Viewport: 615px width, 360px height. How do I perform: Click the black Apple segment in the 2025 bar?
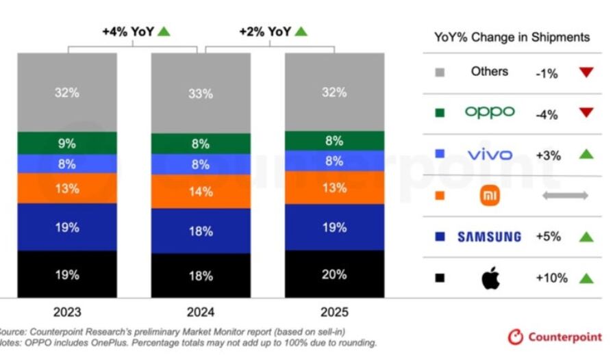click(x=334, y=274)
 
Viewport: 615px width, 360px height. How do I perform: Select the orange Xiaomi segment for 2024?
click(x=201, y=191)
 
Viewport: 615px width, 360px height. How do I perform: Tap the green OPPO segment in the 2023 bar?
click(x=67, y=143)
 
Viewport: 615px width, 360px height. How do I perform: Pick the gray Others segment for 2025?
click(x=334, y=92)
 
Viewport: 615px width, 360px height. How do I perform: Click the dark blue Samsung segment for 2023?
click(x=67, y=227)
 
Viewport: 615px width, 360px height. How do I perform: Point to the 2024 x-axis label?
click(x=201, y=312)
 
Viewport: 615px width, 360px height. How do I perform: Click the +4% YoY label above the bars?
click(x=136, y=31)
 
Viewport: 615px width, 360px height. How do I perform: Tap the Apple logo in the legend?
click(x=490, y=278)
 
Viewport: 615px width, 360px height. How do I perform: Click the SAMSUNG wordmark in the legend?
click(x=489, y=237)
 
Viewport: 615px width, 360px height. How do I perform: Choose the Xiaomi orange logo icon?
click(x=490, y=196)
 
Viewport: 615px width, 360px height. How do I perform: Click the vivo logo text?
click(x=490, y=155)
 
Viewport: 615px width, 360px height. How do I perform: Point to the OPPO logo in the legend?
click(x=490, y=112)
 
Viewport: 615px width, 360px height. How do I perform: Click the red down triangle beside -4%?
click(x=586, y=114)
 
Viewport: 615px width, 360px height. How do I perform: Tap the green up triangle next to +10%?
click(x=586, y=278)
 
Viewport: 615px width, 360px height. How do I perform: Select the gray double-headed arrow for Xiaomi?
click(x=565, y=196)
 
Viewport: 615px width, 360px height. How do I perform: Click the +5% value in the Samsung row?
click(x=548, y=237)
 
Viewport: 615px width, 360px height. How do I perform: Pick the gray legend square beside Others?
click(x=440, y=72)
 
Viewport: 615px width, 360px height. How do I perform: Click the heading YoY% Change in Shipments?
click(x=512, y=37)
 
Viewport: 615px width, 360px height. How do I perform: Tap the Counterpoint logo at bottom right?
click(x=555, y=337)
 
